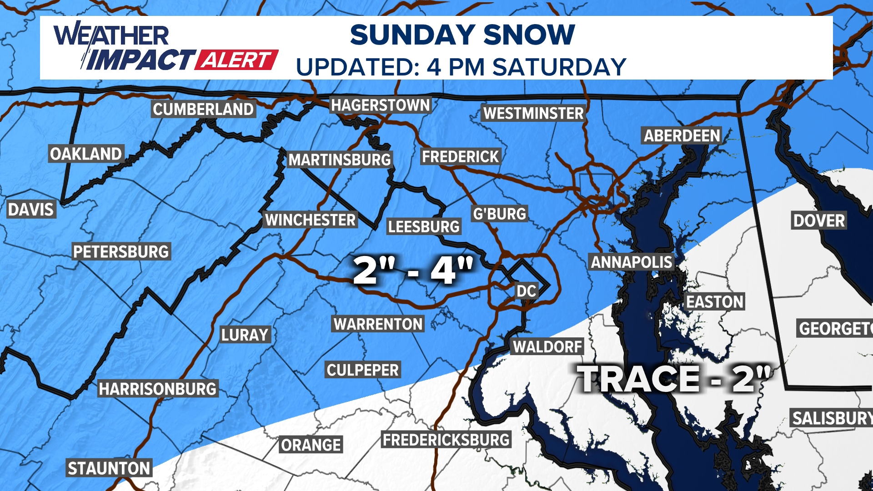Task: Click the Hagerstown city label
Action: [380, 105]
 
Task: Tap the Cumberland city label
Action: [203, 110]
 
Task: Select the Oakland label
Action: [86, 154]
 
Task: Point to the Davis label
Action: [31, 210]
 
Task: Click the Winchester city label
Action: [311, 220]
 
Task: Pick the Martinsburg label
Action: [340, 160]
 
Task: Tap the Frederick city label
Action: [460, 157]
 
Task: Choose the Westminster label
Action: [533, 113]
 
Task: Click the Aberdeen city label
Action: [682, 135]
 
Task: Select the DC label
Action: [526, 291]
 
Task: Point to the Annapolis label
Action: [631, 262]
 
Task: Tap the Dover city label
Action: [819, 220]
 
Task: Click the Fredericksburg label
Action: [446, 440]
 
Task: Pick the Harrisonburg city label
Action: [158, 389]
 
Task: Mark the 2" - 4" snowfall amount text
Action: [413, 271]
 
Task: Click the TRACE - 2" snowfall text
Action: [675, 379]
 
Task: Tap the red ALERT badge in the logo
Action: [236, 60]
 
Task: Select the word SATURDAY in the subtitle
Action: [560, 67]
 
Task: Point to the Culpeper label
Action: [363, 370]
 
